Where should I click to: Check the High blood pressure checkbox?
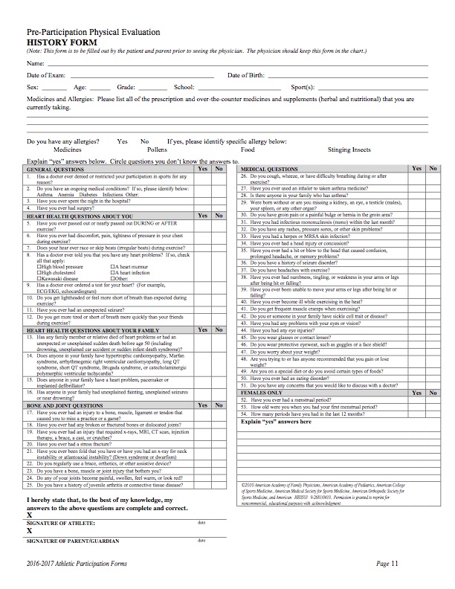coord(39,266)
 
